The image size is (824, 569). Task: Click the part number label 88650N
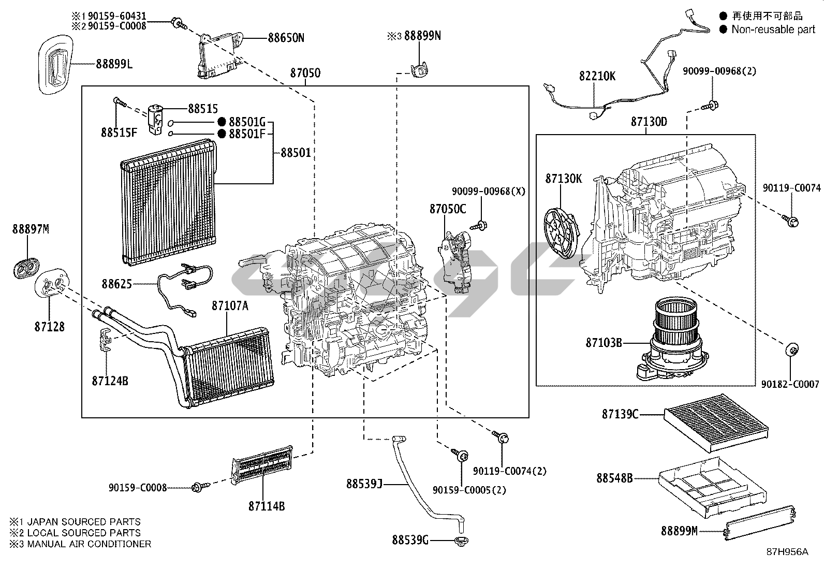[x=286, y=38]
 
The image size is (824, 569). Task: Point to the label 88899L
[x=114, y=64]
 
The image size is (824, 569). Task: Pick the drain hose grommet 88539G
[x=459, y=542]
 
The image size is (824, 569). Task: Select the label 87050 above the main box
[x=305, y=74]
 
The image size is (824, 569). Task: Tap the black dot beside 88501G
[x=222, y=122]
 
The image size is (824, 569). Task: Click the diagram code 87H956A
[x=787, y=552]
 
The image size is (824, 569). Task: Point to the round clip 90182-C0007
[x=791, y=350]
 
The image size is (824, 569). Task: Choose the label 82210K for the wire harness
[x=597, y=76]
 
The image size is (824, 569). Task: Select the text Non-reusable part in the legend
[x=773, y=30]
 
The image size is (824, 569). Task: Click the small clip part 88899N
[x=419, y=69]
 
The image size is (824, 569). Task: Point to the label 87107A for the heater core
[x=230, y=306]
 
